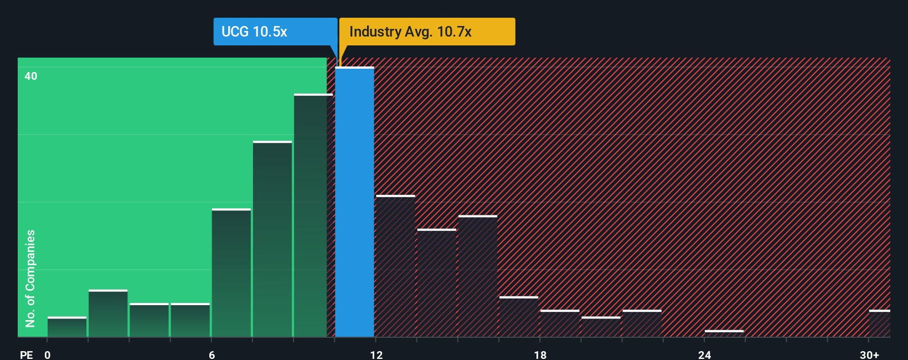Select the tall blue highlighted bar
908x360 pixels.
[354, 202]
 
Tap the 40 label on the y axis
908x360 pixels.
[31, 76]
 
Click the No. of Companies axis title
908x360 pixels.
[30, 278]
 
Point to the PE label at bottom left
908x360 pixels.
[26, 354]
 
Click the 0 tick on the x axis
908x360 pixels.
[48, 354]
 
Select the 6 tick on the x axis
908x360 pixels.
[212, 354]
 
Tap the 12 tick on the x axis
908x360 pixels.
[376, 354]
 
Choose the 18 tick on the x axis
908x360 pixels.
[540, 354]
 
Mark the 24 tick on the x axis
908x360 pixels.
[704, 354]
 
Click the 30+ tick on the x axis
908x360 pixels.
[869, 354]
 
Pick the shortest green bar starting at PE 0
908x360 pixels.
[67, 327]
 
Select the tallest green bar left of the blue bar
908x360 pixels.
[313, 216]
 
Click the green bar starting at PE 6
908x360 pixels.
[231, 273]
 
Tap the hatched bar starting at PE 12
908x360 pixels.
[395, 266]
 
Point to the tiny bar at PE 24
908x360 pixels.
[724, 333]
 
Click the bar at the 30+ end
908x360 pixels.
[879, 323]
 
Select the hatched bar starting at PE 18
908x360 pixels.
[560, 323]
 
